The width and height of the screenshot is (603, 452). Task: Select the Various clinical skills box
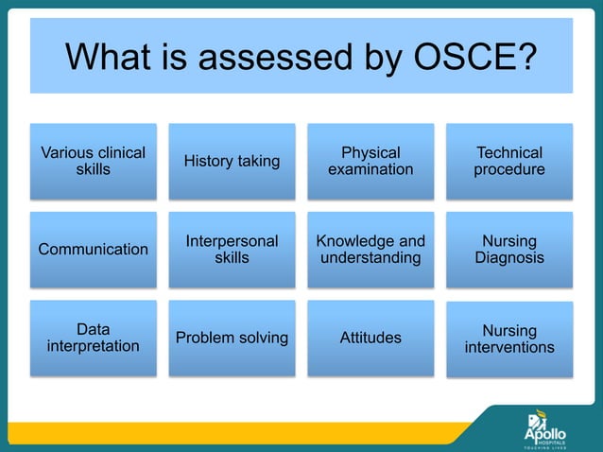(93, 161)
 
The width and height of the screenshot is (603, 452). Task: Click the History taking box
(232, 161)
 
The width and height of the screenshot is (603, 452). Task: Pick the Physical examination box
(370, 161)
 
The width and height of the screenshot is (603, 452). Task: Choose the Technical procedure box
(509, 161)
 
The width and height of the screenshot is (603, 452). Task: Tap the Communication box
(93, 250)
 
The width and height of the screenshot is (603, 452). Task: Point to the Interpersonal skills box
(232, 250)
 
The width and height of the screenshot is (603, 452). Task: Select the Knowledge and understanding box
(370, 250)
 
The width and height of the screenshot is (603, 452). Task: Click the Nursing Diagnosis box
(509, 250)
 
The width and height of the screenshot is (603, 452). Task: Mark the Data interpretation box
(93, 338)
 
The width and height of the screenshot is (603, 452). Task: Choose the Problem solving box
(232, 338)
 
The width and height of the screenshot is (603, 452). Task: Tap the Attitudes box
(370, 338)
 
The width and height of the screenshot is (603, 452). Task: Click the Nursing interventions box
(509, 339)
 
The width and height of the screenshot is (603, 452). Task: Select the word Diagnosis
(509, 258)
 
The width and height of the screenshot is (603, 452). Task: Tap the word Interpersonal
(232, 241)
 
